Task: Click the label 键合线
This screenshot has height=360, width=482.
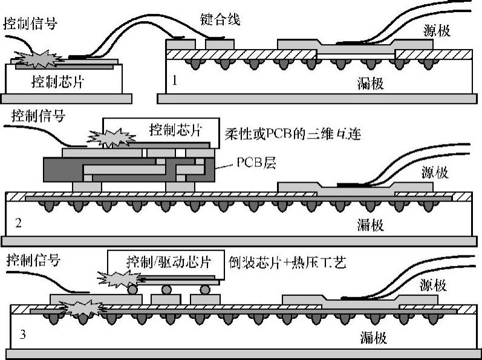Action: (220, 19)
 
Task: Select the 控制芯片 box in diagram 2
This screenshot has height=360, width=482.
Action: (175, 129)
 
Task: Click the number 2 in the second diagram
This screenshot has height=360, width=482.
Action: (18, 223)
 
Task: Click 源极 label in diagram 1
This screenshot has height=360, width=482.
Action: (437, 31)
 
